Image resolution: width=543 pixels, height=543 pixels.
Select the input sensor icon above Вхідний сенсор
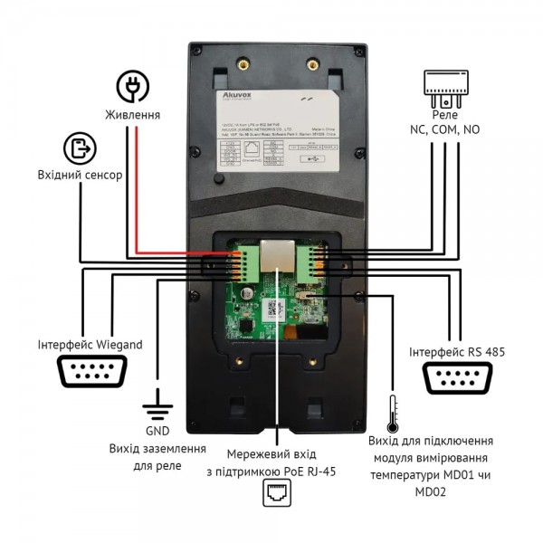point(80,148)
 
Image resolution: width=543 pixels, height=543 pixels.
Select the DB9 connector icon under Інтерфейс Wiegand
point(90,373)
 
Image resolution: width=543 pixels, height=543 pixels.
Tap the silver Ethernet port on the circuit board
point(275,257)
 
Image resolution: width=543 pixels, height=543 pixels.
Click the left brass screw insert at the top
point(242,62)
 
